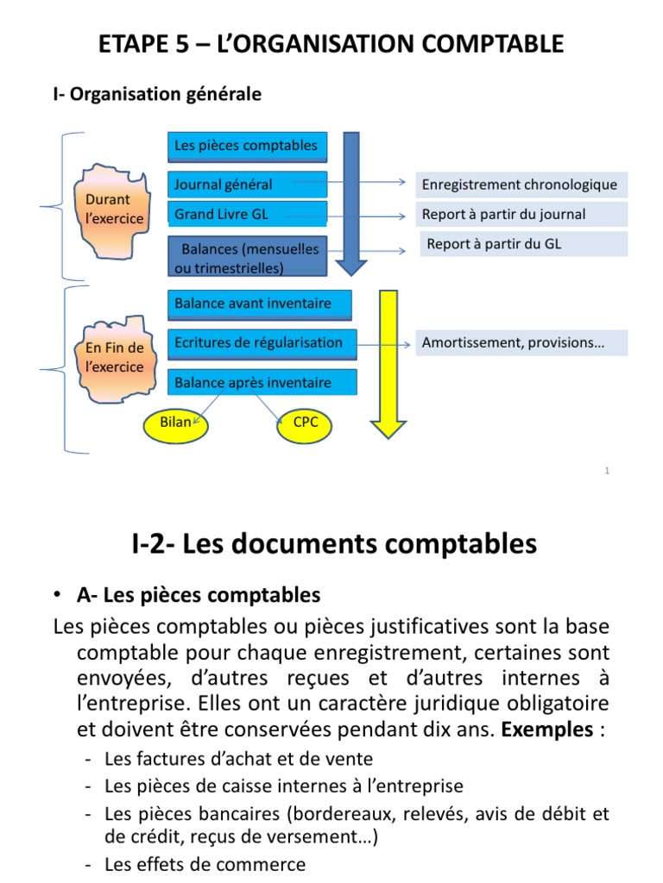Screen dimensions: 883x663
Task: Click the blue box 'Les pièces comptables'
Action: pyautogui.click(x=246, y=146)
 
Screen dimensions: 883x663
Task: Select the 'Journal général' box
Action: pyautogui.click(x=246, y=185)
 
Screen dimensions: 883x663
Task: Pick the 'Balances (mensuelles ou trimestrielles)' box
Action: pyautogui.click(x=247, y=258)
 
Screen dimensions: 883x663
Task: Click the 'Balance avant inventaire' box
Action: pyautogui.click(x=259, y=304)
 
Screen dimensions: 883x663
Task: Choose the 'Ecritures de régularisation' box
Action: pyautogui.click(x=259, y=342)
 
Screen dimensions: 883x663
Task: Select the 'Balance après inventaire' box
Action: pyautogui.click(x=259, y=382)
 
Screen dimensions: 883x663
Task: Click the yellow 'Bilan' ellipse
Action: pyautogui.click(x=175, y=423)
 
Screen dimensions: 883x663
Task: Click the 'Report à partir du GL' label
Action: pyautogui.click(x=523, y=244)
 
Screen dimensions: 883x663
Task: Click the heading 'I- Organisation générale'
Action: pyautogui.click(x=157, y=94)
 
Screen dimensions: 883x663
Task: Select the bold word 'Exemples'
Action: pyautogui.click(x=547, y=730)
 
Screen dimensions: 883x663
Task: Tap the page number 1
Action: pyautogui.click(x=608, y=470)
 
